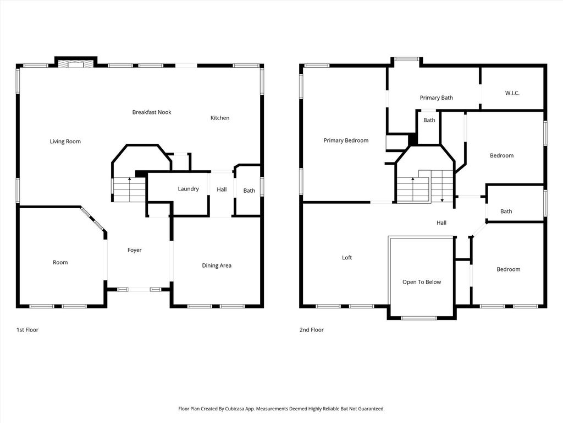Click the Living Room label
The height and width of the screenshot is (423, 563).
tap(65, 142)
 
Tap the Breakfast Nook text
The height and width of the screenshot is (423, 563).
tap(152, 112)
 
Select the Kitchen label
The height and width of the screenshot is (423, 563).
tap(220, 118)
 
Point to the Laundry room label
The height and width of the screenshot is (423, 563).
tap(188, 189)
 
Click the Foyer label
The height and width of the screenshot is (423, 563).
tap(135, 250)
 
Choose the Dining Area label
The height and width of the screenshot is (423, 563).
tap(217, 265)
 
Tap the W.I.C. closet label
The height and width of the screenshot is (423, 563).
tap(512, 93)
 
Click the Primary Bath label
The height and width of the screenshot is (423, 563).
tap(436, 97)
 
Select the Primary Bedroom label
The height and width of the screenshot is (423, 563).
tap(346, 140)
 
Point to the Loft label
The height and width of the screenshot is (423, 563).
tap(347, 258)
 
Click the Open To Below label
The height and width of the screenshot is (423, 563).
tap(422, 282)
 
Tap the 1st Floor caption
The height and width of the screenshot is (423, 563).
tap(27, 329)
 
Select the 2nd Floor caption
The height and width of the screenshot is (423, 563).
tap(312, 329)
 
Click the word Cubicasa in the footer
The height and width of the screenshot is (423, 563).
tap(236, 409)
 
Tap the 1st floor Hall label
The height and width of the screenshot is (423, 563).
tap(222, 189)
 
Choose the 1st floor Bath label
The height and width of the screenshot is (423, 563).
tap(249, 191)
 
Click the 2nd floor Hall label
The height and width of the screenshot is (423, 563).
tap(441, 223)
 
